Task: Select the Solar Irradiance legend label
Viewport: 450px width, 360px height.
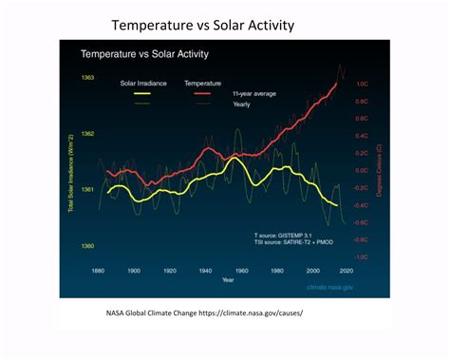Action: pyautogui.click(x=144, y=84)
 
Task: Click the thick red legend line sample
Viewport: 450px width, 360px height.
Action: pyautogui.click(x=202, y=95)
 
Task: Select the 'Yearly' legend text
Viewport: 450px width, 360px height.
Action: pyautogui.click(x=242, y=104)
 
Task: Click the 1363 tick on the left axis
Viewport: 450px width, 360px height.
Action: pyautogui.click(x=87, y=77)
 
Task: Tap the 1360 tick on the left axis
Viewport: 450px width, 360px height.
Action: pyautogui.click(x=87, y=247)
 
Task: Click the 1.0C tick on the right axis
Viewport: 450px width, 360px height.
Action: pyautogui.click(x=361, y=85)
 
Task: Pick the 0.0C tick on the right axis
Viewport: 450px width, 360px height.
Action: pyautogui.click(x=361, y=171)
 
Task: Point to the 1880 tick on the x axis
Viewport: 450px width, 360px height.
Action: pyautogui.click(x=98, y=271)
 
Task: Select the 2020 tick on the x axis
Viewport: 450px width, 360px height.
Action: pyautogui.click(x=347, y=271)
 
